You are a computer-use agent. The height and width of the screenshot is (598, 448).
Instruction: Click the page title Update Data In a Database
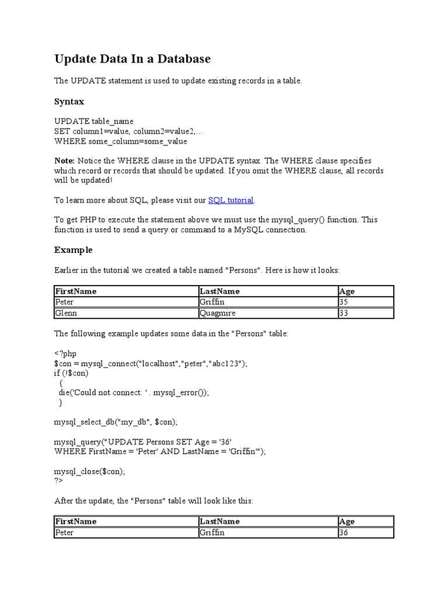(x=132, y=59)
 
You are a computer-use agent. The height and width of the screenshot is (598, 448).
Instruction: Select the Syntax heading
(x=69, y=102)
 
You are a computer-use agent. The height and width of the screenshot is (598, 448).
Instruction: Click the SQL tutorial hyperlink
(x=231, y=200)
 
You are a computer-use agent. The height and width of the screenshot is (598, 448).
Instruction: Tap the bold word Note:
(x=64, y=161)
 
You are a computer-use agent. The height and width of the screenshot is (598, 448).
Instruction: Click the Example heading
(x=73, y=250)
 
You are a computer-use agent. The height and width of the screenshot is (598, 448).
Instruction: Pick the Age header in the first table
(x=346, y=291)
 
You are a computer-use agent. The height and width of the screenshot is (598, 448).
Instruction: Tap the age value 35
(x=344, y=302)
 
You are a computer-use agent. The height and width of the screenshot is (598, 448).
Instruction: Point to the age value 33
(x=344, y=313)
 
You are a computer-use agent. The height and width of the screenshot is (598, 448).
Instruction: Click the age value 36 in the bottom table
(x=344, y=533)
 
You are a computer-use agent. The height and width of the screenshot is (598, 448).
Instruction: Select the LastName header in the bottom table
(x=219, y=521)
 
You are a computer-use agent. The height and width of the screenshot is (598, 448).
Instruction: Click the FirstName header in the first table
(x=76, y=291)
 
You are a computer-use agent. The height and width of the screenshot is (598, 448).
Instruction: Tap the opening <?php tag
(x=65, y=353)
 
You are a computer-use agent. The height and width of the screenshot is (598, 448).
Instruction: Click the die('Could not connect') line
(x=134, y=393)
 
